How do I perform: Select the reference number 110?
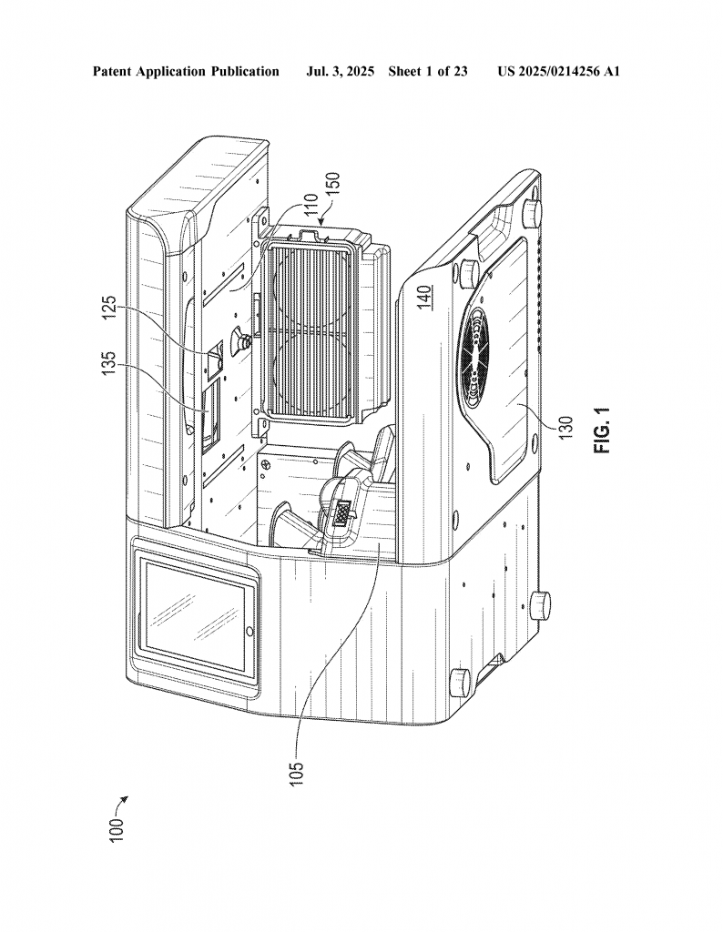310,208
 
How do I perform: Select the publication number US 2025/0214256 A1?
558,71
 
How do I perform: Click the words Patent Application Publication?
186,71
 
